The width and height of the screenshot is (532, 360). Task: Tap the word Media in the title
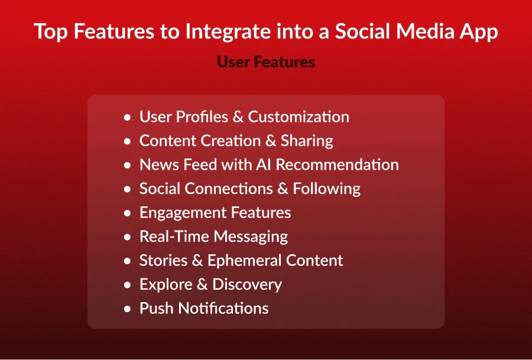tap(425, 31)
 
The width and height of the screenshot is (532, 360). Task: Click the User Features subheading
tap(266, 62)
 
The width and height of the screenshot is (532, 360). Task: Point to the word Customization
tap(299, 116)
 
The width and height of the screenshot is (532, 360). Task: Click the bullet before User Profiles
tap(127, 118)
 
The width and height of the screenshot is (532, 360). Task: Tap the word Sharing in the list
tap(307, 141)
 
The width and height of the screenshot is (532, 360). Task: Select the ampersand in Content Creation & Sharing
tap(271, 141)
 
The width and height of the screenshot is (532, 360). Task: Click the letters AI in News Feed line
tap(263, 165)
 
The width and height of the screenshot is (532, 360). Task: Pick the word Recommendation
tap(338, 165)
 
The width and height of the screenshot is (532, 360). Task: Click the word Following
tap(327, 189)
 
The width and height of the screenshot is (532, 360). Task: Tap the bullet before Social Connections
tap(127, 189)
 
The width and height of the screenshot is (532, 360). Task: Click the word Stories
tap(164, 261)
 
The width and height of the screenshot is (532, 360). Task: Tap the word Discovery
tap(247, 285)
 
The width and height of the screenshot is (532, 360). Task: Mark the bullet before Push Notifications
tap(127, 309)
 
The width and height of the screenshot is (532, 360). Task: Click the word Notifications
tap(223, 309)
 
